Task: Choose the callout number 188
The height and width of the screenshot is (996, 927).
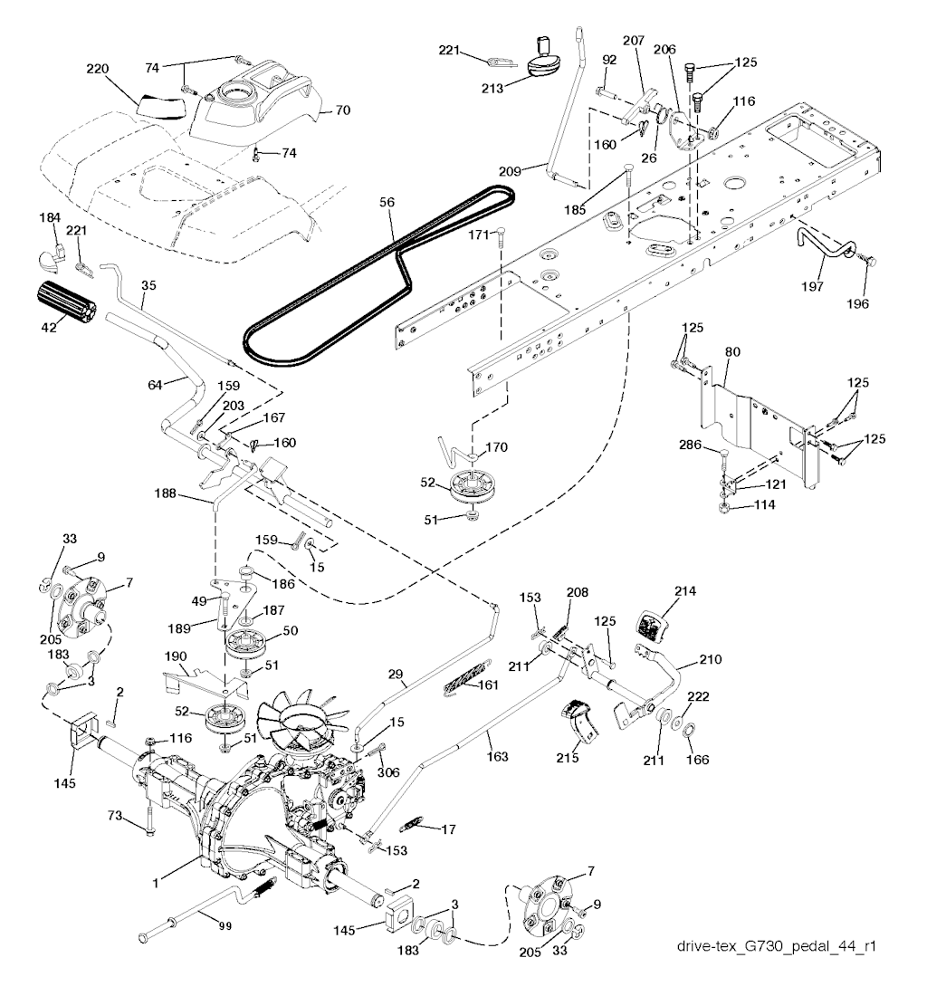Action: pos(191,494)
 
